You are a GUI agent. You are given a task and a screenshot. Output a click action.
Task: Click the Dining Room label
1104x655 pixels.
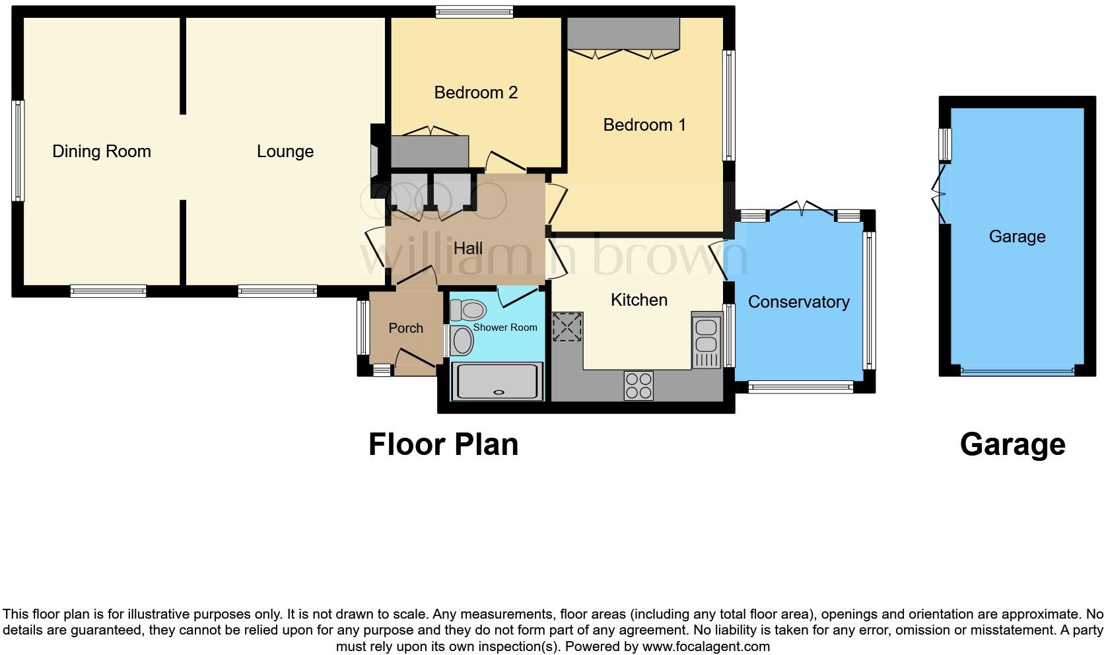(x=102, y=151)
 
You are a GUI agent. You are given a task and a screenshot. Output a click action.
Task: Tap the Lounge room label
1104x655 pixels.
(x=285, y=151)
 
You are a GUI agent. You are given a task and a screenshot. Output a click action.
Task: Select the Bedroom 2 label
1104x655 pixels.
(x=475, y=92)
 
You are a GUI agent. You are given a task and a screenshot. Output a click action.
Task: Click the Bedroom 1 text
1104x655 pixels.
(x=644, y=125)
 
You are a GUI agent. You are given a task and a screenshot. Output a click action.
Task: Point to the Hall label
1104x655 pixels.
(x=467, y=248)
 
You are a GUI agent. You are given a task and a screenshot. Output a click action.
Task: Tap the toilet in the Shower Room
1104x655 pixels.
(x=467, y=308)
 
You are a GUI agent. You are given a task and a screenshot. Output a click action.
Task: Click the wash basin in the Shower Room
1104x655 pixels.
(x=462, y=341)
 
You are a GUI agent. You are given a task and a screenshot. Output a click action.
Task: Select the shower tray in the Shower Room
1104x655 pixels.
(x=497, y=381)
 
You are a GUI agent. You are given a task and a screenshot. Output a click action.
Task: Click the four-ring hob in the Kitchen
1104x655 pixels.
(x=638, y=385)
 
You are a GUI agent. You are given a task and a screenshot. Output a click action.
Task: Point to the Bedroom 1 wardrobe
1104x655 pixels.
(x=623, y=34)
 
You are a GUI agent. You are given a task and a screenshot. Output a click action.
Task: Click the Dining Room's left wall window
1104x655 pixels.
(x=18, y=151)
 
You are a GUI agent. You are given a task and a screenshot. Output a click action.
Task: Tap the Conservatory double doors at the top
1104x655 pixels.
(x=802, y=209)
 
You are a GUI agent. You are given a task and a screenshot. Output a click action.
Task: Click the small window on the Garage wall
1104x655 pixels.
(x=946, y=144)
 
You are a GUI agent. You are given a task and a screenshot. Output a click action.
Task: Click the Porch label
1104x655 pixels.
(x=405, y=328)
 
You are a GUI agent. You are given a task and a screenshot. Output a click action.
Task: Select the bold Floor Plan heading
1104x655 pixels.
(x=443, y=444)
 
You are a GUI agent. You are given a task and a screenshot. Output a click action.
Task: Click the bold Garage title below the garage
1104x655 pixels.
(x=1012, y=444)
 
